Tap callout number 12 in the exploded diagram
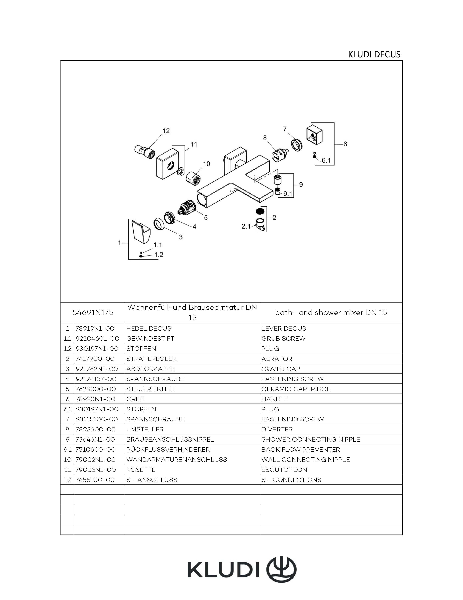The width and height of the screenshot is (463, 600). tap(166, 131)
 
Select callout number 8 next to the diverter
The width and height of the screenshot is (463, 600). tap(265, 138)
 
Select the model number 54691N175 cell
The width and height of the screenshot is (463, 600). tap(93, 313)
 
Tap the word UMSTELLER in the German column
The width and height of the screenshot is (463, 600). tap(145, 429)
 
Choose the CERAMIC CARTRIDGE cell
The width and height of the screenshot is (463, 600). tap(296, 389)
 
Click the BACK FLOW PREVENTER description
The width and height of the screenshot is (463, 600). tap(300, 449)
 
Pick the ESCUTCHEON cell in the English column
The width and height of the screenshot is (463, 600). tap(284, 470)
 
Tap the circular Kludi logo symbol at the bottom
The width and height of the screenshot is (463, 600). tap(282, 569)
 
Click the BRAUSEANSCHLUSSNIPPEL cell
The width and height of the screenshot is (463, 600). tap(170, 439)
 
